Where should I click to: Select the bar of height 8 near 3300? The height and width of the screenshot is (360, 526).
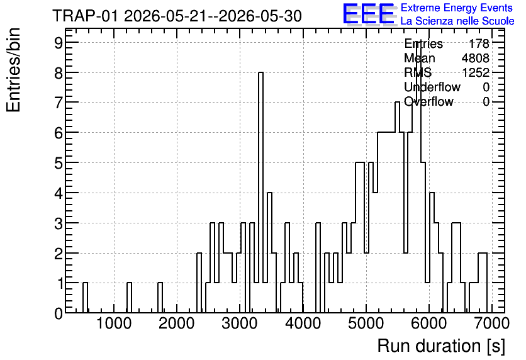click(260, 192)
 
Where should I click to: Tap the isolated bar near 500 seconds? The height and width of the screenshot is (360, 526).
click(85, 298)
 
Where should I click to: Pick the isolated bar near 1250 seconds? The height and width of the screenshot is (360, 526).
click(129, 298)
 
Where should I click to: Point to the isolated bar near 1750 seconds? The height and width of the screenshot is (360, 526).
click(160, 298)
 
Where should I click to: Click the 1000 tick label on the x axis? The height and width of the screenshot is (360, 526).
click(114, 324)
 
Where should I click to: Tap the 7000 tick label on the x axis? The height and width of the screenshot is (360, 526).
click(492, 324)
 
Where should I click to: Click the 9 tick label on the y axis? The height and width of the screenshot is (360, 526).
click(59, 42)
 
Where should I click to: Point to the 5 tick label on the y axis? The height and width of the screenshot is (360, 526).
click(59, 163)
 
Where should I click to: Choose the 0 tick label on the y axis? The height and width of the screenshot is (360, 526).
click(59, 313)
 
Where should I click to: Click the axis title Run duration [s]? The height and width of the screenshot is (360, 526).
click(441, 346)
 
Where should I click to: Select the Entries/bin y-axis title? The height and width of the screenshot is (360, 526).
click(13, 70)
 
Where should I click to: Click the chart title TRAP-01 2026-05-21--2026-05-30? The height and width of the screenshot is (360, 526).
click(177, 16)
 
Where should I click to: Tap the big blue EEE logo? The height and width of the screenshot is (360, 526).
click(369, 14)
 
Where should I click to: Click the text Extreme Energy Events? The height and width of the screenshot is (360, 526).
click(456, 8)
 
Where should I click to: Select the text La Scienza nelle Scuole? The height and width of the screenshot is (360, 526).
click(457, 21)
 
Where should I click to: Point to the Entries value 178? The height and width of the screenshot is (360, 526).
click(479, 43)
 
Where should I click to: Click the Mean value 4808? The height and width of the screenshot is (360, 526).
click(475, 58)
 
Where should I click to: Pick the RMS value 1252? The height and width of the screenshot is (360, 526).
click(475, 72)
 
